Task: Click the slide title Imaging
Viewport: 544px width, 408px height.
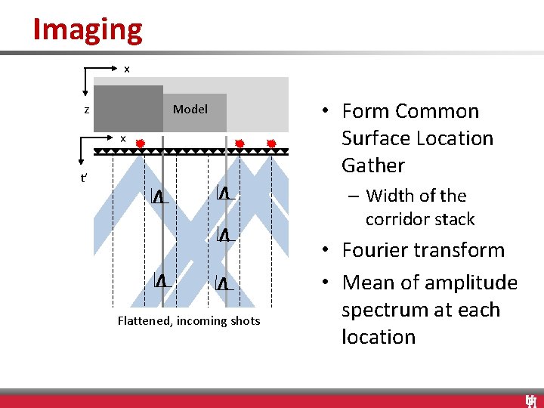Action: point(88,29)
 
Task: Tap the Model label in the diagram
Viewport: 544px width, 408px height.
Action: point(190,110)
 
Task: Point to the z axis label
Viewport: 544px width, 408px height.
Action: point(87,110)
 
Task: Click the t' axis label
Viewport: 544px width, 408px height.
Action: point(84,179)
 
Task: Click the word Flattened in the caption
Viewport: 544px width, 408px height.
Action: point(145,321)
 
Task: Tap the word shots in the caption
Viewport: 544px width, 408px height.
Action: point(244,321)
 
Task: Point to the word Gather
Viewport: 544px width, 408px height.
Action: point(373,165)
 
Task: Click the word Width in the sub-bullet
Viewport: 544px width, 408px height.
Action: point(389,196)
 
